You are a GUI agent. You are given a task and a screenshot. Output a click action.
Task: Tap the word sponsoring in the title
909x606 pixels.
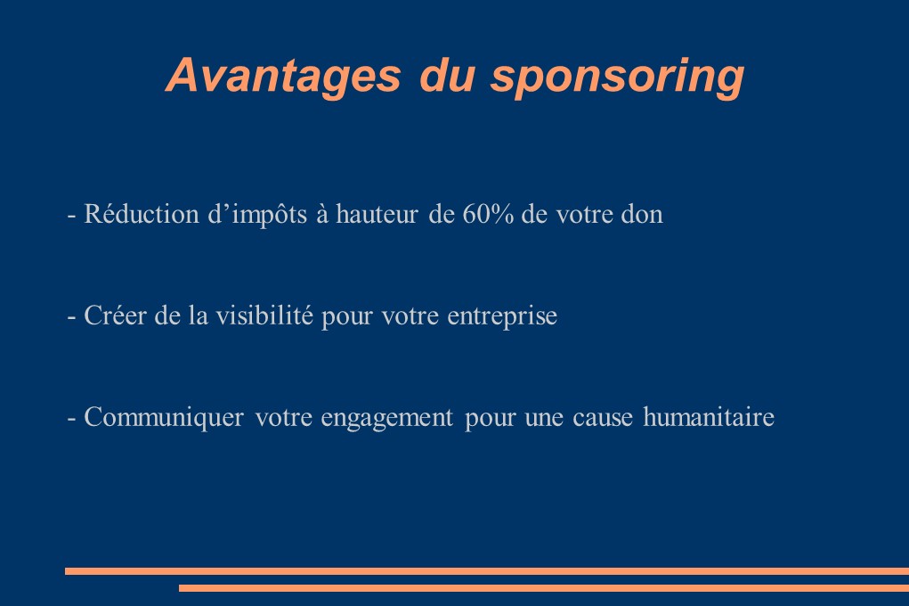tap(617, 78)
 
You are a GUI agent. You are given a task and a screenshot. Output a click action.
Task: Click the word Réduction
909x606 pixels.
tap(142, 214)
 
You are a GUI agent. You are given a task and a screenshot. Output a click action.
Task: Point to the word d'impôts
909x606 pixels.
tap(257, 215)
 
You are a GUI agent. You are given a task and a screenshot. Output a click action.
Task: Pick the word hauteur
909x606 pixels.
tap(377, 214)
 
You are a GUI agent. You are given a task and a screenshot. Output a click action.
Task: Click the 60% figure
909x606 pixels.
tap(488, 214)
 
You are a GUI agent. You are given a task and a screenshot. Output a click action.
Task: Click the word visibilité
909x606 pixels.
tap(264, 315)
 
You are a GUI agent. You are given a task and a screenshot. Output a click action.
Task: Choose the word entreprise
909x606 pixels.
tap(502, 317)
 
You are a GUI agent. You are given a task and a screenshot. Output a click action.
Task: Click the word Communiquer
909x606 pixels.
tap(164, 418)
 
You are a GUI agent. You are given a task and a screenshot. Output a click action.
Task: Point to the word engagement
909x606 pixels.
tap(386, 419)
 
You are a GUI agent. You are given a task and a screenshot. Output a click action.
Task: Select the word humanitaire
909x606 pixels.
tap(709, 417)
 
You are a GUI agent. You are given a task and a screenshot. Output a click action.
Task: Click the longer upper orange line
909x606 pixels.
tap(487, 571)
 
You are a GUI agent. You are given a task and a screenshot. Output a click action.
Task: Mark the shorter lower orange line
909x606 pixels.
tap(544, 588)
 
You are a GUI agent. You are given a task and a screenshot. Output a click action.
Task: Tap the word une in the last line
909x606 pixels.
tap(544, 419)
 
